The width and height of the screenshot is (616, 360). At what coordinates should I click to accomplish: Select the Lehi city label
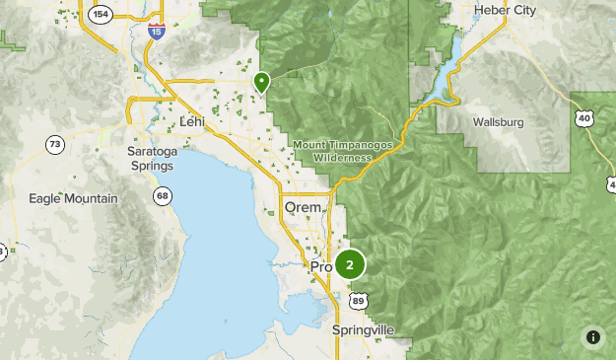point(193,121)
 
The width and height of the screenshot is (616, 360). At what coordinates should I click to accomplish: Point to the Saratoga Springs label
point(151,158)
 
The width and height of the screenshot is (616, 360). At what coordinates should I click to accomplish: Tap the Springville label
point(363,328)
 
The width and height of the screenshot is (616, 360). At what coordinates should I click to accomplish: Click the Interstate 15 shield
point(156,34)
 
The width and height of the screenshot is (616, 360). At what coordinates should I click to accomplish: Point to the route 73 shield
point(54,145)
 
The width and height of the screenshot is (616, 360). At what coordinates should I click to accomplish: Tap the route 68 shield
point(161,197)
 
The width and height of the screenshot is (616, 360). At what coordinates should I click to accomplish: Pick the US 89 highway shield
point(359,301)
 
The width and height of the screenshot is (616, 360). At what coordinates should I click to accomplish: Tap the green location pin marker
point(261,83)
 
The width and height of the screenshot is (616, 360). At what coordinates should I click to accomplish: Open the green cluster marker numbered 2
point(349,264)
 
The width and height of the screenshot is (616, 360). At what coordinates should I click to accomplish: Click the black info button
point(592,336)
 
